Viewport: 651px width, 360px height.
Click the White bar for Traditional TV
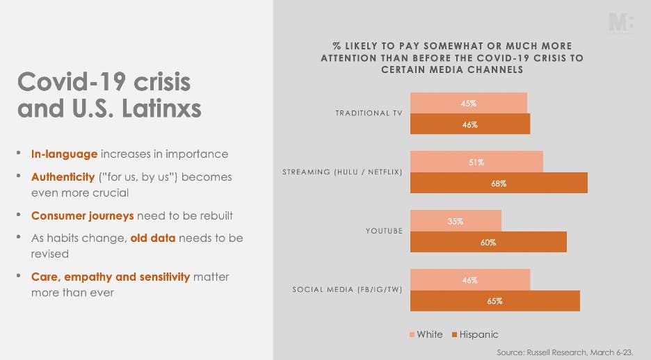point(468,104)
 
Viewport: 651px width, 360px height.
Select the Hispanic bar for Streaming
point(498,183)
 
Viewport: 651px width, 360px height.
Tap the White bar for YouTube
point(456,221)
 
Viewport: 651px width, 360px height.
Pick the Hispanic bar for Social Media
point(495,301)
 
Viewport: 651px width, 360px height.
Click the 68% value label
point(498,184)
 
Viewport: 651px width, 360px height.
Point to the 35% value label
point(456,221)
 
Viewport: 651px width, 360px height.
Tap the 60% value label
point(488,243)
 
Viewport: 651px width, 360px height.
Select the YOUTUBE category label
point(384,231)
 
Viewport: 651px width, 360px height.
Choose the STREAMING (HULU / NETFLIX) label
point(342,172)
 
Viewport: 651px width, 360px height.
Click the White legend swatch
point(412,335)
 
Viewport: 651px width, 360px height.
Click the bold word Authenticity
point(63,177)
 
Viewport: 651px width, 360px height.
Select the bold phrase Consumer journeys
point(82,215)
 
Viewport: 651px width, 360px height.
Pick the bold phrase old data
point(154,238)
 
